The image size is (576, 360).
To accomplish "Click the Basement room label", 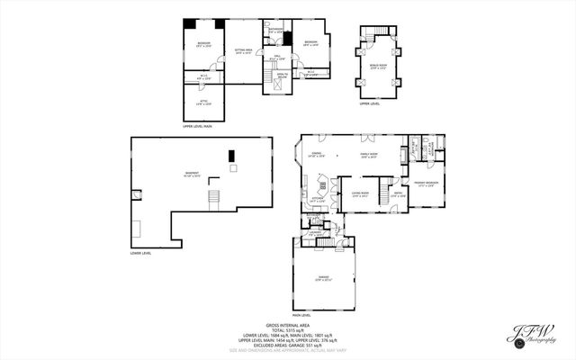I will [192, 174].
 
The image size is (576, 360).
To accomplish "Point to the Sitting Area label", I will [243, 51].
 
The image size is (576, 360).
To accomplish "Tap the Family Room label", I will [370, 155].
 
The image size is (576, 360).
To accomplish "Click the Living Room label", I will [361, 194].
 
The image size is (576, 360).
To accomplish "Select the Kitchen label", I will [317, 201].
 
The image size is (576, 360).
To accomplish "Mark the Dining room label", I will [317, 155].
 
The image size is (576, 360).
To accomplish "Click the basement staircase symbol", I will [213, 197].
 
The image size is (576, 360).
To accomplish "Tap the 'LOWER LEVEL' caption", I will [140, 254].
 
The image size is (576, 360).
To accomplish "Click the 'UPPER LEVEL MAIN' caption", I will [195, 127].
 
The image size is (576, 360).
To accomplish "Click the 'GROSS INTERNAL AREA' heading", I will [287, 325].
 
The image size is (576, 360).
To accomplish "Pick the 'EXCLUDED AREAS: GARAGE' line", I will [287, 346].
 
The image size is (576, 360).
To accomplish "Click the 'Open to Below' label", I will [282, 76].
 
